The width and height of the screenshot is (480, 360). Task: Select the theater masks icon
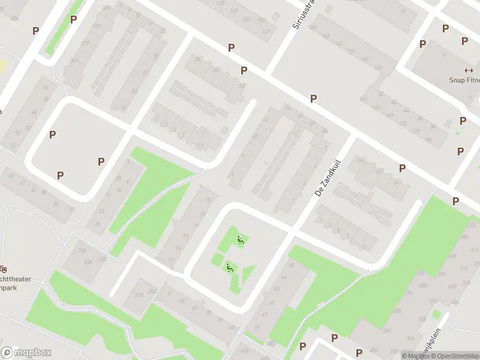pyautogui.click(x=3, y=268)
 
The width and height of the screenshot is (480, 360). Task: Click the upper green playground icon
pyautogui.click(x=240, y=241)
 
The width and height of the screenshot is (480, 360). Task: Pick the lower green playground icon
pyautogui.click(x=229, y=266)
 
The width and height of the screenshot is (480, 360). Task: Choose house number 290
pyautogui.click(x=420, y=273)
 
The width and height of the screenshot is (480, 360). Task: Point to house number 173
pyautogui.click(x=403, y=124)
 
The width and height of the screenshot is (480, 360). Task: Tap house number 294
pyautogui.click(x=409, y=293)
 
